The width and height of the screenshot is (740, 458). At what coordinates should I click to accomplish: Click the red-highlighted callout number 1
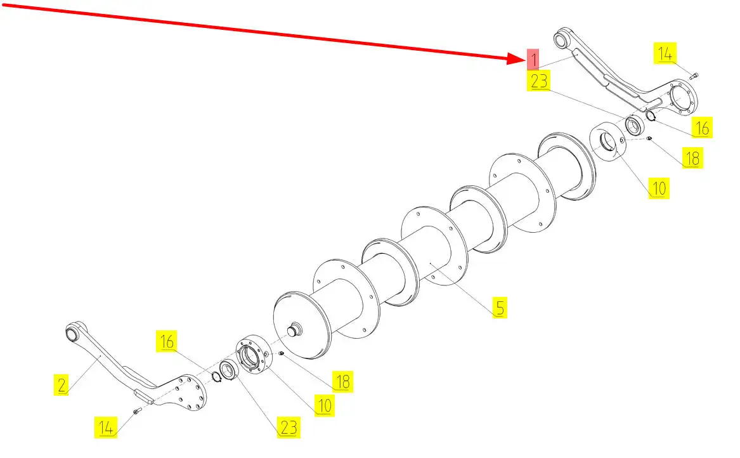[533, 59]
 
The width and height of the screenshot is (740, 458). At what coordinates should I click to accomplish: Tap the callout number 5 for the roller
[500, 308]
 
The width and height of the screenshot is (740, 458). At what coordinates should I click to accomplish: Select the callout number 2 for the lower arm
[62, 384]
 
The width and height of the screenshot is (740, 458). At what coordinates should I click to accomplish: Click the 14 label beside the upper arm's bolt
[665, 54]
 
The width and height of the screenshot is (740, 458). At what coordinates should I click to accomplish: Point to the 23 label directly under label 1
[540, 81]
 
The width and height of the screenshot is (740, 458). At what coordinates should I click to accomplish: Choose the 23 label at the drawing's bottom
[289, 427]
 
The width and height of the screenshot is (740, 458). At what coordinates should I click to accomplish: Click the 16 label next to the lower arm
[167, 341]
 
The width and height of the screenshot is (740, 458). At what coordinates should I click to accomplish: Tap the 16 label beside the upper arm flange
[702, 128]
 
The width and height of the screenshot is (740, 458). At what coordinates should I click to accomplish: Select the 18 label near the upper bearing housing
[692, 157]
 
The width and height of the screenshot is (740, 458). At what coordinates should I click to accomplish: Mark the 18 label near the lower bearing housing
[342, 382]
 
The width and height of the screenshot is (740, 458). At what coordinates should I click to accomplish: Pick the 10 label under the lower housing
[324, 405]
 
